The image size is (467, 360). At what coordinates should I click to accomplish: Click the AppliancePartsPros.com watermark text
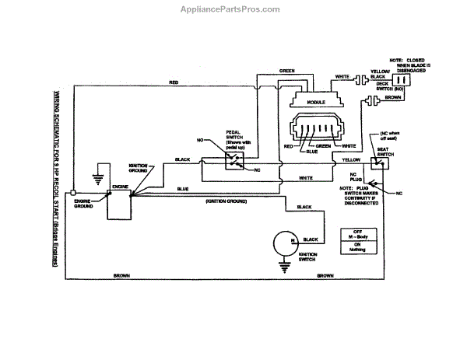(x=233, y=9)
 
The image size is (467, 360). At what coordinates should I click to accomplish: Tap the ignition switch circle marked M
(x=282, y=243)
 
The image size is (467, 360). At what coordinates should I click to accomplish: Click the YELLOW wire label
(x=351, y=159)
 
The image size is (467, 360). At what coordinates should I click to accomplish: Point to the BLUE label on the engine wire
(x=182, y=189)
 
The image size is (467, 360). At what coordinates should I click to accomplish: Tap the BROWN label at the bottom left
(x=121, y=276)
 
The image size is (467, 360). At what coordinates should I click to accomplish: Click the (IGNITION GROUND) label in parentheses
(x=226, y=201)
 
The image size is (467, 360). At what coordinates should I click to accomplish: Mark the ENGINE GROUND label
(x=84, y=206)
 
